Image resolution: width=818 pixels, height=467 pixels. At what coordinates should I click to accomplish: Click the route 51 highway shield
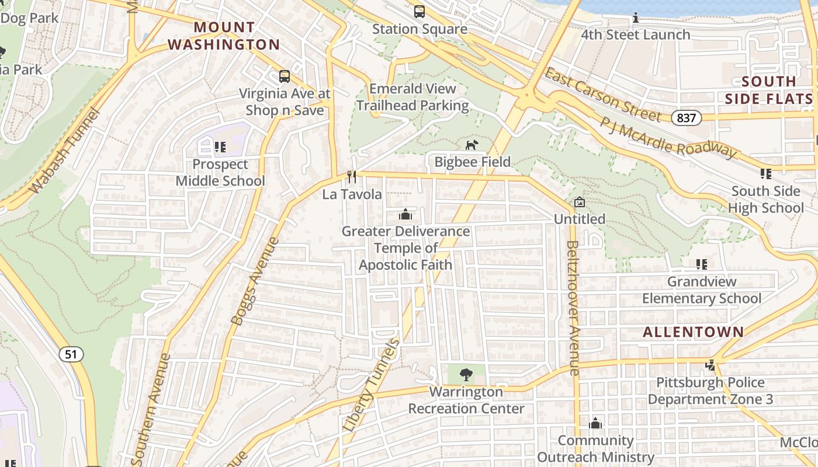pyautogui.click(x=71, y=354)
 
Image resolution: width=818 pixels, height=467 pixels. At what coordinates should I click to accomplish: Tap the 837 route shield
pyautogui.click(x=686, y=118)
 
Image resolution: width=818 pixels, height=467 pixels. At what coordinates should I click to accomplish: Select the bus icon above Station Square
pyautogui.click(x=420, y=12)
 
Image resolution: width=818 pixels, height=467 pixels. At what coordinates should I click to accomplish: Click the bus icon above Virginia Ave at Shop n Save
pyautogui.click(x=285, y=76)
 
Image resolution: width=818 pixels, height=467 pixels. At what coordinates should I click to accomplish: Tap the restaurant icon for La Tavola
pyautogui.click(x=352, y=176)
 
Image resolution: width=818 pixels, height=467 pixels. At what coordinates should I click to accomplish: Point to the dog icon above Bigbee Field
pyautogui.click(x=472, y=144)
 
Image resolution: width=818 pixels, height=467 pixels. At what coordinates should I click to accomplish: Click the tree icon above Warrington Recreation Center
pyautogui.click(x=466, y=374)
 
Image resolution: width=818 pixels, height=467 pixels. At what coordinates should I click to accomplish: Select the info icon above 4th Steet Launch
pyautogui.click(x=636, y=18)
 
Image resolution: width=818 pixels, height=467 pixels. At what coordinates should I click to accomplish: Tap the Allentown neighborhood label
pyautogui.click(x=694, y=332)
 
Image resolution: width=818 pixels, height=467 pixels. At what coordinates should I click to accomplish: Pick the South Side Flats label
pyautogui.click(x=768, y=90)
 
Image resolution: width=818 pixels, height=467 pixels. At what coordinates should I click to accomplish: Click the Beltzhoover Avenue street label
pyautogui.click(x=573, y=308)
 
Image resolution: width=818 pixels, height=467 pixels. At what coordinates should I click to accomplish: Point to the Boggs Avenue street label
pyautogui.click(x=255, y=281)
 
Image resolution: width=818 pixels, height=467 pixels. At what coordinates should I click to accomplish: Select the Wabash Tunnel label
pyautogui.click(x=65, y=151)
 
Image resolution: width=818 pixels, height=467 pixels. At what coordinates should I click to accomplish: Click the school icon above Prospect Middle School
pyautogui.click(x=220, y=147)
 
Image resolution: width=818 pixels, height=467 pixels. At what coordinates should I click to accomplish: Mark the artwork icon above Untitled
pyautogui.click(x=579, y=202)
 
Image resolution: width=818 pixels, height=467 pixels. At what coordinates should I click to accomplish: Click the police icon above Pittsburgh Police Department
pyautogui.click(x=710, y=365)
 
